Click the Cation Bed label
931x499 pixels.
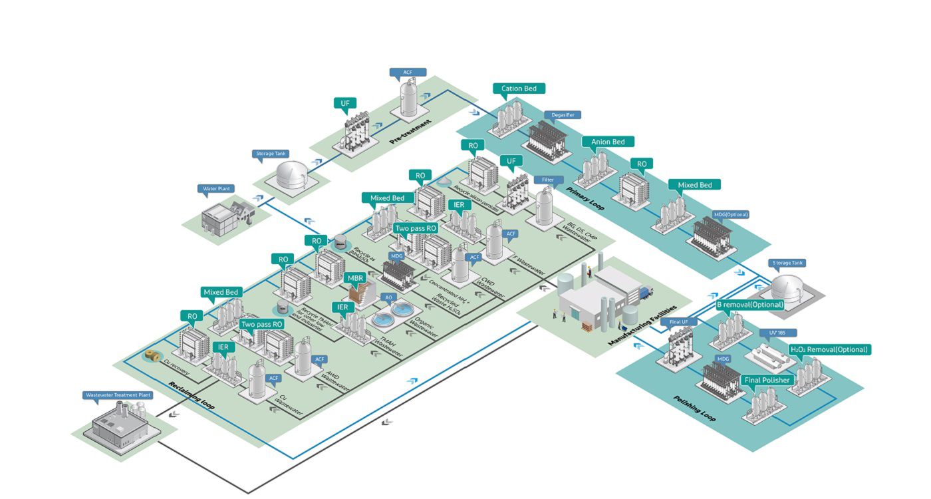(519, 88)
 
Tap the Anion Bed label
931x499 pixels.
(608, 142)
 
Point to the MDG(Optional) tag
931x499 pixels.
(731, 214)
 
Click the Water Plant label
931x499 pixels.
(216, 189)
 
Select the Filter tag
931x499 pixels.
(548, 180)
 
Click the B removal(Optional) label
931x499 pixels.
(749, 305)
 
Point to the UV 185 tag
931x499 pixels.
(778, 332)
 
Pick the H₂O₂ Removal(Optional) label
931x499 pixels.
(828, 349)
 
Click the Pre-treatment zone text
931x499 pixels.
(410, 132)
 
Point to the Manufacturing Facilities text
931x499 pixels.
(641, 325)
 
